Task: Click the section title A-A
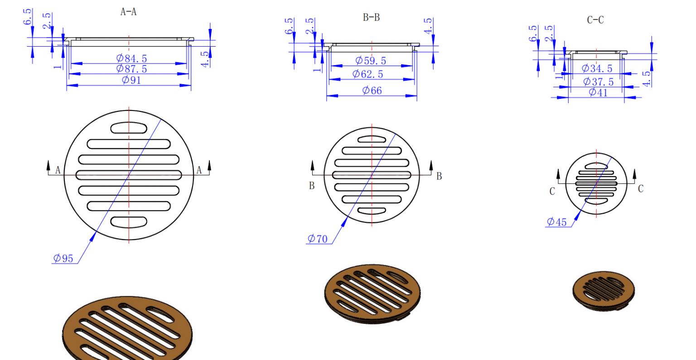coord(128,12)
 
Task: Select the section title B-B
coord(371,18)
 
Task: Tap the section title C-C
coord(595,20)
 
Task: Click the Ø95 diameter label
coord(63,259)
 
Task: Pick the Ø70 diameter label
coord(317,239)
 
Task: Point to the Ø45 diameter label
coord(557,222)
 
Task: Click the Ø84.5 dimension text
coord(131,58)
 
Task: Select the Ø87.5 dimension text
coord(131,69)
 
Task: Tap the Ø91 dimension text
coord(131,80)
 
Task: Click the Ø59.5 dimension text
coord(371,61)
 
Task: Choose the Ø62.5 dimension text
coord(368,74)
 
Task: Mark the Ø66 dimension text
coord(372,91)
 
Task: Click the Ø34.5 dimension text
coord(597,68)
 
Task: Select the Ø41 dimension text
coord(598,92)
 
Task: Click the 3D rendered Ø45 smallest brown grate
coord(603,291)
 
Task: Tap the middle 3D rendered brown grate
coord(372,293)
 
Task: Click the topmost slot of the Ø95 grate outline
coord(129,128)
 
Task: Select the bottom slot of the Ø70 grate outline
coord(372,211)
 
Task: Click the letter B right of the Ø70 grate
coord(439,177)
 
